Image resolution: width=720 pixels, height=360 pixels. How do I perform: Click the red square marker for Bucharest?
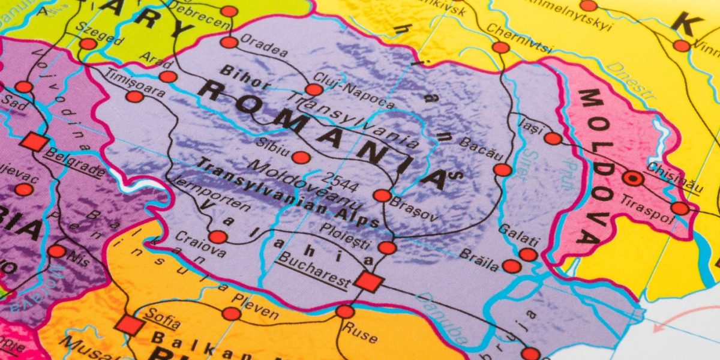click(368, 281)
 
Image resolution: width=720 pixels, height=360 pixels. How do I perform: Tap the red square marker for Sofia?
click(130, 325)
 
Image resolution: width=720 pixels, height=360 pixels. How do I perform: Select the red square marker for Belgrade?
click(34, 142)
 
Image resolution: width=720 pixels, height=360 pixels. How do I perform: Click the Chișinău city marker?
click(632, 178)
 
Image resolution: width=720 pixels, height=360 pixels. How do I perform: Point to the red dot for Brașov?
click(382, 195)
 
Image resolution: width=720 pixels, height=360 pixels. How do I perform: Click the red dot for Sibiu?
click(301, 158)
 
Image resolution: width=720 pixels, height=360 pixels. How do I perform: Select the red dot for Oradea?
click(229, 42)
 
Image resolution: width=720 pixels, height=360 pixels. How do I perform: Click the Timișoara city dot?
click(135, 97)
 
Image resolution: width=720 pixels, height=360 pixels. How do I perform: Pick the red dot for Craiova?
click(218, 237)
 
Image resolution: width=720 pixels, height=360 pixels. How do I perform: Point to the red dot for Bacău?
click(503, 170)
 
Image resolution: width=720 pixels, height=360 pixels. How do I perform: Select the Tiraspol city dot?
click(680, 208)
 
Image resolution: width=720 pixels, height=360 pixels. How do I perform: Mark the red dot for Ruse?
click(345, 311)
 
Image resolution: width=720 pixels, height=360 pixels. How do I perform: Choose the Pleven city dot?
click(231, 313)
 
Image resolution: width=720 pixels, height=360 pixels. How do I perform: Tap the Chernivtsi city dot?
click(500, 47)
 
